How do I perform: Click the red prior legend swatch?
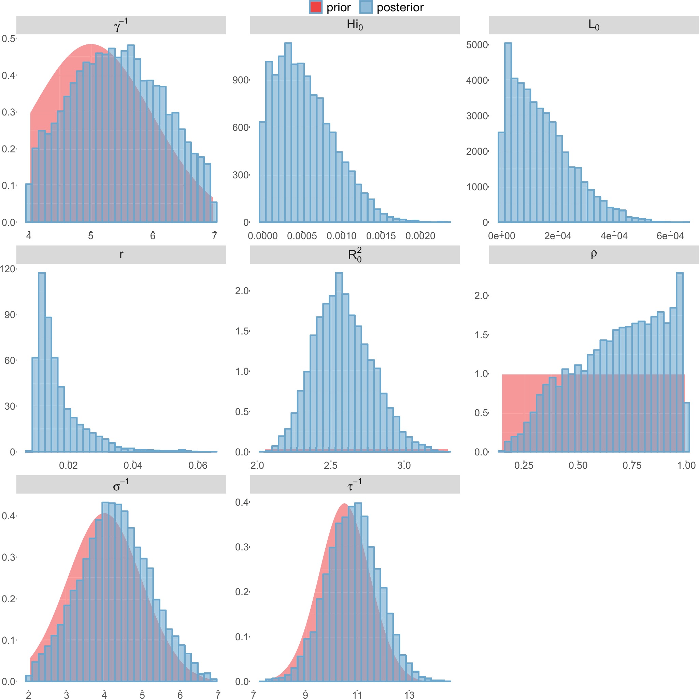315,7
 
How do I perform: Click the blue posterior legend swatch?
366,7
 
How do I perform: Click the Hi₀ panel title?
355,25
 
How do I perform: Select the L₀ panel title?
594,25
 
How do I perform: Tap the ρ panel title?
594,254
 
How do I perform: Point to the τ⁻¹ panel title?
355,484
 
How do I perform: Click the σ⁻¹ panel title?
121,484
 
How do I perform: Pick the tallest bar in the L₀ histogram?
508,132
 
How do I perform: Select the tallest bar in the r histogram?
42,362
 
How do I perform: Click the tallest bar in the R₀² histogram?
339,362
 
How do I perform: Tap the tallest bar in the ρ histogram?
680,362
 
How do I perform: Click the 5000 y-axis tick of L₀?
477,45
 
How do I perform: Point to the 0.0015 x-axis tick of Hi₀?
381,236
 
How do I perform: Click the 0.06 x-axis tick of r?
198,465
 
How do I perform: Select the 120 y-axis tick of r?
8,269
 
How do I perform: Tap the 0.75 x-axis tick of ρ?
632,465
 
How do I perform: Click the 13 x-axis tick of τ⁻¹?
409,695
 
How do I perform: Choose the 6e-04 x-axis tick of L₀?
670,236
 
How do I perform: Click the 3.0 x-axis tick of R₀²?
404,465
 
